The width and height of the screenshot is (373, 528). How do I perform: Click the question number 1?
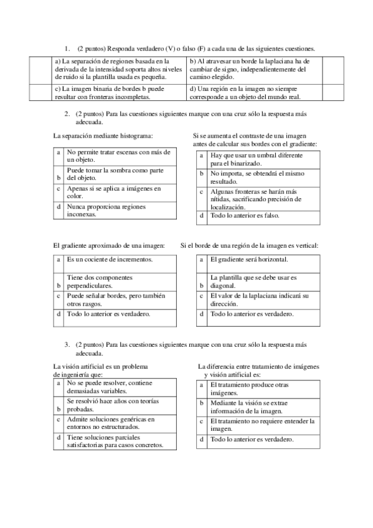coord(66,49)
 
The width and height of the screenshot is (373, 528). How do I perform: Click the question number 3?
coord(66,344)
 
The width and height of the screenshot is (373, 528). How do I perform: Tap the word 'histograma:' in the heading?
coord(133,135)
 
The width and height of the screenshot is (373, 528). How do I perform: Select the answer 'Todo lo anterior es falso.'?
coord(245,215)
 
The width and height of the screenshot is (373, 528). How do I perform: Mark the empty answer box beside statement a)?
coord(42,69)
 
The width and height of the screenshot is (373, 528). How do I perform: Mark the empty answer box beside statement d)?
coord(333,93)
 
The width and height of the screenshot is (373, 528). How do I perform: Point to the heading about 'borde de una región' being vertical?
coord(249,245)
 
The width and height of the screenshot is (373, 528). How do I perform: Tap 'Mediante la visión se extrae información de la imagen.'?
coord(251,407)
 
